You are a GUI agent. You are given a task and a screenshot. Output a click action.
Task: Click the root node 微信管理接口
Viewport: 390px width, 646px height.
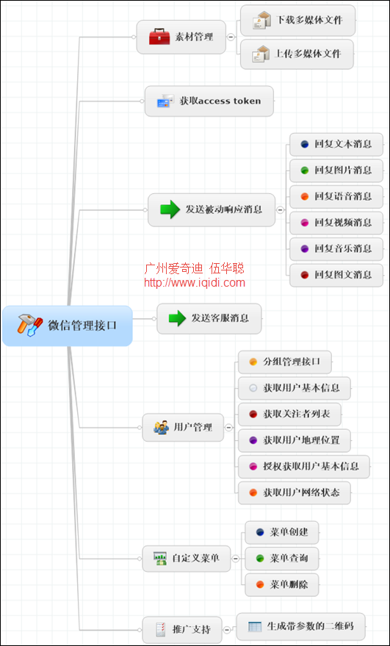[67, 326]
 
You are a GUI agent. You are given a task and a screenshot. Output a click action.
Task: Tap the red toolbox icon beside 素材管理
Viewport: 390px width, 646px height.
[159, 37]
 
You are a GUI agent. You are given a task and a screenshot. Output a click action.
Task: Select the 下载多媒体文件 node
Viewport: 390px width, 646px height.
[297, 20]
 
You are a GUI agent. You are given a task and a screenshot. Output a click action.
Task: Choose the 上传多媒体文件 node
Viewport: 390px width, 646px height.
[297, 54]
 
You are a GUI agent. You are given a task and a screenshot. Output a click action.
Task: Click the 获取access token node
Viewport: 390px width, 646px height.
[209, 101]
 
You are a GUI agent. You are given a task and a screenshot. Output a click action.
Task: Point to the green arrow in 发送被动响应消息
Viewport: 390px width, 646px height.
[170, 209]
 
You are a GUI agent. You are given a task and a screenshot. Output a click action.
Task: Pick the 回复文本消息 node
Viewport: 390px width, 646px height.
[336, 144]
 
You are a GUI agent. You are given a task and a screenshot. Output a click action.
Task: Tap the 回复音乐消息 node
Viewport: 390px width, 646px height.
[336, 248]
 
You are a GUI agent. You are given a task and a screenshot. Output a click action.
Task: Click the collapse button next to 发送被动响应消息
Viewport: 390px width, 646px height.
[281, 209]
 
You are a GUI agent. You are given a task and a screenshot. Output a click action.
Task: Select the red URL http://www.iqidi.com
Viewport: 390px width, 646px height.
[195, 283]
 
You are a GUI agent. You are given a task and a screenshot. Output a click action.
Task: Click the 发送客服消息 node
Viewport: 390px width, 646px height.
[209, 318]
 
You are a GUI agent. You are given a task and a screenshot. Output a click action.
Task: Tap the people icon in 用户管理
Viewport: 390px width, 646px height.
[161, 427]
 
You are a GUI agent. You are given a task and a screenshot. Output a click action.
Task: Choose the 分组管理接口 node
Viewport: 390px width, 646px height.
[285, 362]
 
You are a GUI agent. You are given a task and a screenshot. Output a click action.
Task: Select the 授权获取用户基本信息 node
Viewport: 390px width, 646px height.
[304, 467]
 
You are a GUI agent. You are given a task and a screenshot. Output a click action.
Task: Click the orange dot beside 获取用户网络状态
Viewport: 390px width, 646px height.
[253, 492]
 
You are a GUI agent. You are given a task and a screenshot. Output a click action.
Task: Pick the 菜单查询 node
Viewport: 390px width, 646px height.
[282, 559]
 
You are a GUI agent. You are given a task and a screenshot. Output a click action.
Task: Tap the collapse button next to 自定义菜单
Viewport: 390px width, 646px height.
[236, 559]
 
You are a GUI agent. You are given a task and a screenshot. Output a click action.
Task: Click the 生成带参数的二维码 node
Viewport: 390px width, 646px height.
[301, 627]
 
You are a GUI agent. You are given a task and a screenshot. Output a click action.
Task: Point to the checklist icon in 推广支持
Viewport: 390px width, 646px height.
[161, 630]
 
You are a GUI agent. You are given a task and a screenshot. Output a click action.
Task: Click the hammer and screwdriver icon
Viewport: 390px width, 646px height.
[30, 325]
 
